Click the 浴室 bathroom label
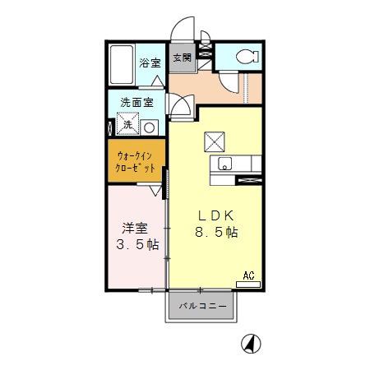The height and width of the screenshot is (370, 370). point(150,62)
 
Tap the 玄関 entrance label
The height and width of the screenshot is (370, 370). point(182,58)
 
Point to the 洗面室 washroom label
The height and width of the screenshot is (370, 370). point(136,104)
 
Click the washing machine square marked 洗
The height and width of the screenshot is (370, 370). point(127,126)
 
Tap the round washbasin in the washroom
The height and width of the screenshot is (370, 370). point(150,127)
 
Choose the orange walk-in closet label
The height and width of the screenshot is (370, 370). point(136,160)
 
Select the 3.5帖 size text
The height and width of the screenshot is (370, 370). point(136,244)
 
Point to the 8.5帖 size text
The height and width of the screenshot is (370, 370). point(216,233)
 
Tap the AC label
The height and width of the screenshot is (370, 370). point(249,276)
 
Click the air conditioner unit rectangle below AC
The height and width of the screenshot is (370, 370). point(249,284)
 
